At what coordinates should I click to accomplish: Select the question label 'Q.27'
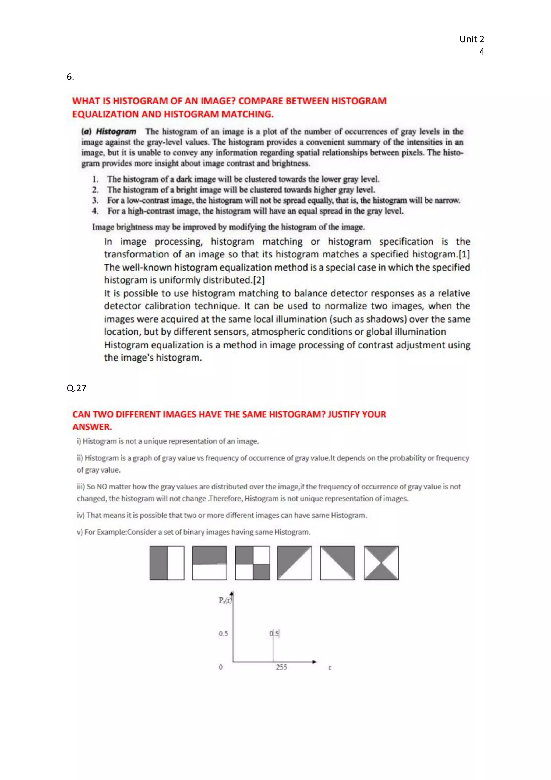coord(76,388)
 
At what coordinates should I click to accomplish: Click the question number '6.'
coord(70,77)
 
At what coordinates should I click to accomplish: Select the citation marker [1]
coord(464,254)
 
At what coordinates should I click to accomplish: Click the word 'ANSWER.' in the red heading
coord(92,427)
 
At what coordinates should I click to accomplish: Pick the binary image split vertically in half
coord(167,563)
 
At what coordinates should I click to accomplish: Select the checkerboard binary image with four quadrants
coord(252,563)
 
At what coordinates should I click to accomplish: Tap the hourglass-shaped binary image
coord(381,563)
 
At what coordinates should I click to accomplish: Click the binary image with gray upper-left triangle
coord(294,563)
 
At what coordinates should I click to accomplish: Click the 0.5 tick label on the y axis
coord(223,634)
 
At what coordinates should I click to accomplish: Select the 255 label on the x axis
coord(281,667)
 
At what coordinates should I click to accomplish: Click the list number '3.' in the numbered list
coord(96,200)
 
